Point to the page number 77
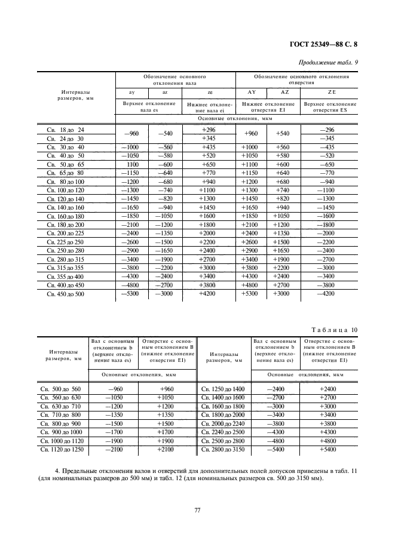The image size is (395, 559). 197,509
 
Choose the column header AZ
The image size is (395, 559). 284,92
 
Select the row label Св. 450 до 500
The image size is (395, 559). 65,294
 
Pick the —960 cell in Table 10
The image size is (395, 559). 113,389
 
